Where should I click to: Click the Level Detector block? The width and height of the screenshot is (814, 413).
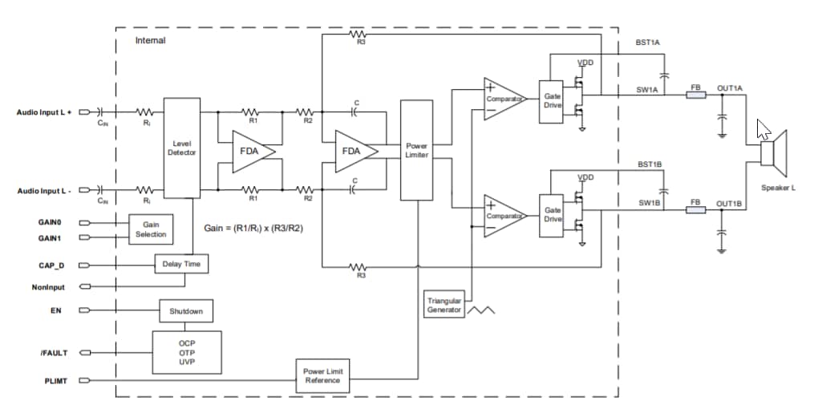pyautogui.click(x=181, y=148)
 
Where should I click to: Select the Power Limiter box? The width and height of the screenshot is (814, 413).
pyautogui.click(x=416, y=150)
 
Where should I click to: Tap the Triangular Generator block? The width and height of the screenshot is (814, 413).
pyautogui.click(x=443, y=306)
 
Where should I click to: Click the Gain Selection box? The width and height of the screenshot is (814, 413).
pyautogui.click(x=151, y=229)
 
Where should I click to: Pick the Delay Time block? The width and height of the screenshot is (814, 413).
pyautogui.click(x=180, y=263)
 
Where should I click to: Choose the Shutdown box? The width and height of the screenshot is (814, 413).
pyautogui.click(x=185, y=311)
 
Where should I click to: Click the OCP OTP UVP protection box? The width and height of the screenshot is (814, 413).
pyautogui.click(x=187, y=351)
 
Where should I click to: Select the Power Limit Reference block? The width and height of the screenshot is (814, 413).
pyautogui.click(x=322, y=376)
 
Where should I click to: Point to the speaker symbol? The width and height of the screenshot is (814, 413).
pyautogui.click(x=775, y=153)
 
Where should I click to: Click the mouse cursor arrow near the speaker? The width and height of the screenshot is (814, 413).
pyautogui.click(x=763, y=130)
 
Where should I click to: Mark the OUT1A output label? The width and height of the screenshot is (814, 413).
pyautogui.click(x=731, y=88)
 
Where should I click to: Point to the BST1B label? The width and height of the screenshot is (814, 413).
pyautogui.click(x=650, y=164)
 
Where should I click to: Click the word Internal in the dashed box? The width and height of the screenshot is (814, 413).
pyautogui.click(x=150, y=40)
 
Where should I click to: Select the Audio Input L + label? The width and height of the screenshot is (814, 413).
pyautogui.click(x=44, y=112)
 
